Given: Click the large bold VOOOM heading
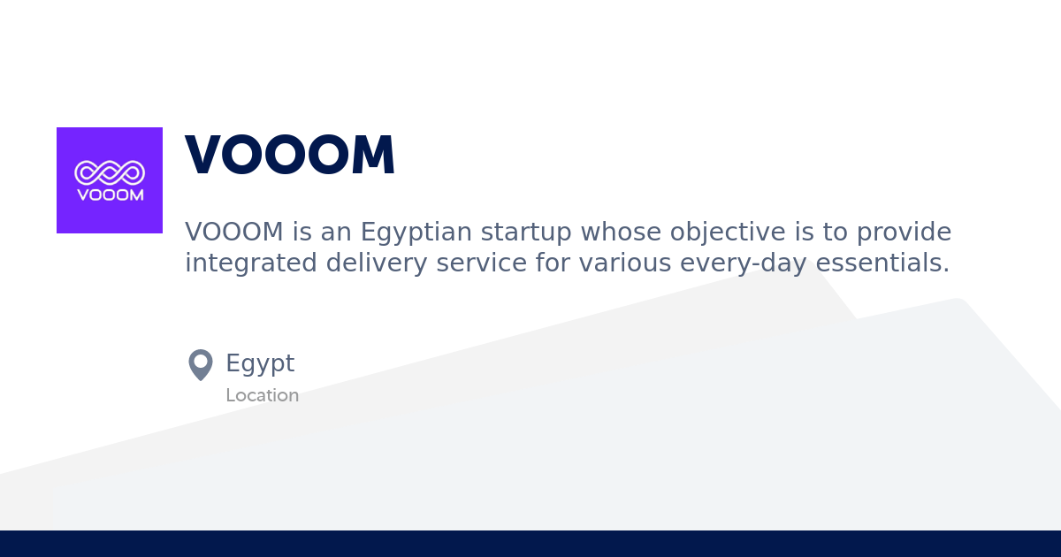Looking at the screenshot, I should click(x=290, y=156).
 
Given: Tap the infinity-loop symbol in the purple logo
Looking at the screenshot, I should click(x=110, y=172).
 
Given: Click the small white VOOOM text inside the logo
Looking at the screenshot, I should click(x=110, y=195).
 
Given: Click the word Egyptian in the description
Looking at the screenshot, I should click(x=416, y=233).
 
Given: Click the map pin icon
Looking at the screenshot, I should click(x=201, y=364).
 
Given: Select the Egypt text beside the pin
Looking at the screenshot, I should click(x=260, y=363).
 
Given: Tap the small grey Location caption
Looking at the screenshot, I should click(x=262, y=395).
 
